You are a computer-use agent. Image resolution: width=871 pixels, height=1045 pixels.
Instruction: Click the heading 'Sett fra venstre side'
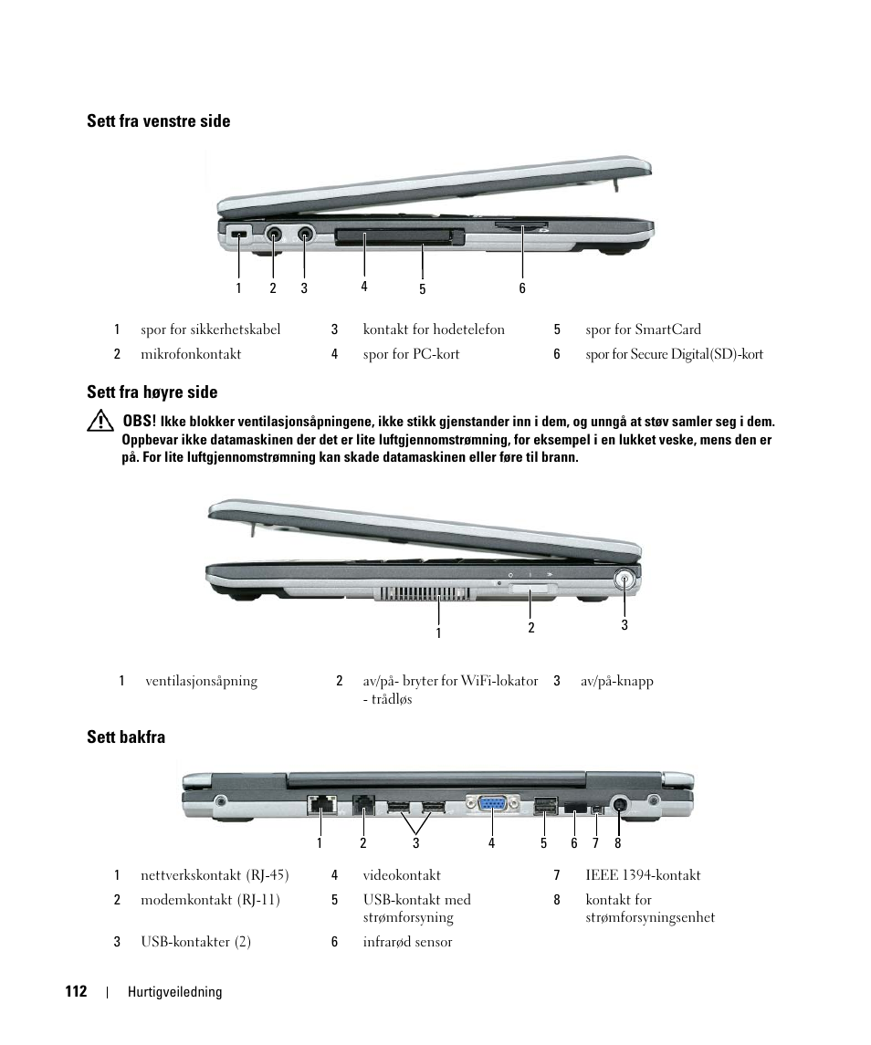tap(158, 121)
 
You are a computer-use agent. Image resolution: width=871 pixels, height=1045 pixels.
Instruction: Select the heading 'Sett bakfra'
tap(126, 737)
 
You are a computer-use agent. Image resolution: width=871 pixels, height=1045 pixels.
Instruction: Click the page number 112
tap(76, 991)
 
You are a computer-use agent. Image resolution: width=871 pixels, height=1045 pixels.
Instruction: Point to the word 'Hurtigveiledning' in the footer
tap(174, 992)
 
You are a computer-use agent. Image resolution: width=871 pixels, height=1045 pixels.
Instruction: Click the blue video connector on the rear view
tap(491, 804)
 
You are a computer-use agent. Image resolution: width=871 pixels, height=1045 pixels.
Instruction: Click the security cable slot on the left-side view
tap(239, 235)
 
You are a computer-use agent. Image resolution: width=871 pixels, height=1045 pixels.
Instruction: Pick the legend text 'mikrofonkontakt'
tap(191, 354)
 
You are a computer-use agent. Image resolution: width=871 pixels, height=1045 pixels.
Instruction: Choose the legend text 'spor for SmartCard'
tap(643, 329)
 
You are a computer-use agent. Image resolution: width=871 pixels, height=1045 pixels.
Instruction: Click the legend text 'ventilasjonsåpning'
tap(201, 681)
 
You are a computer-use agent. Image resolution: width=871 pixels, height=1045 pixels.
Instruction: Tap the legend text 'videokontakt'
tap(402, 875)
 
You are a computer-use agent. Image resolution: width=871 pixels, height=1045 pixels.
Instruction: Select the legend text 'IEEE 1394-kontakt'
tap(643, 875)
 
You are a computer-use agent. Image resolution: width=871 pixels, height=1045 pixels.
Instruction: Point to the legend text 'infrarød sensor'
tap(407, 942)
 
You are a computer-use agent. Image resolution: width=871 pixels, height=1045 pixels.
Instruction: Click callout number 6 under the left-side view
tap(522, 288)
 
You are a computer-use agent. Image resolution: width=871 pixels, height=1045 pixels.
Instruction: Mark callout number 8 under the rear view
tap(618, 843)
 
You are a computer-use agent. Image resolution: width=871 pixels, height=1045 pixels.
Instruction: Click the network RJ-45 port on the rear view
tap(320, 805)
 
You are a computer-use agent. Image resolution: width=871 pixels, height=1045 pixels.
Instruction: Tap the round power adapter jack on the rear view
tap(619, 804)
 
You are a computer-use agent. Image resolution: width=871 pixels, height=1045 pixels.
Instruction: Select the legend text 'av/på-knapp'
tap(617, 681)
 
